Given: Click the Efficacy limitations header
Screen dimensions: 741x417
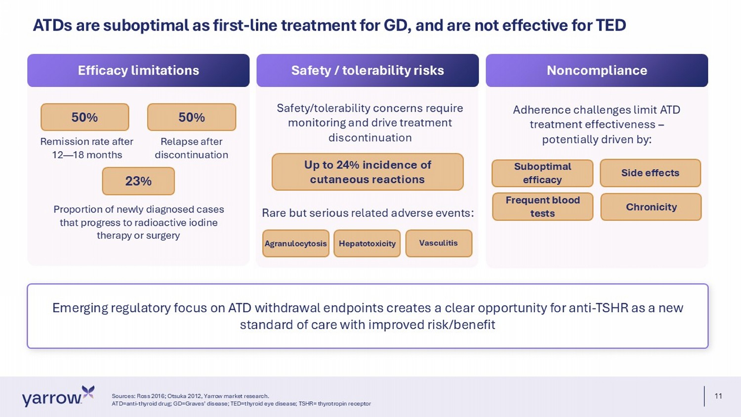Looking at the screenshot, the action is point(138,71).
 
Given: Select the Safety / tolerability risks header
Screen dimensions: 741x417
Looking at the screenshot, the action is point(368,71).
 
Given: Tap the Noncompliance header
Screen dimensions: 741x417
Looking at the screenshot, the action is point(597,71).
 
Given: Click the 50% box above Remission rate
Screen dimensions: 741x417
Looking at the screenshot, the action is point(84,117).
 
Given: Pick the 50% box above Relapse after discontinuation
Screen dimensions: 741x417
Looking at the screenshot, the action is point(192,117).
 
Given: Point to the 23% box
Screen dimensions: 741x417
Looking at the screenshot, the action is point(138,181).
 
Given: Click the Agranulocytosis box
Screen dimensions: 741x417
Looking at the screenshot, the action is point(296,244).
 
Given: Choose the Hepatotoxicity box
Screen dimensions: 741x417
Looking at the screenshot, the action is point(367,244).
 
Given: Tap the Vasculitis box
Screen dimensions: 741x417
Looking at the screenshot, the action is point(439,243).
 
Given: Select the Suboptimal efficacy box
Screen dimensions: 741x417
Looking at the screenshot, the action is point(542,173).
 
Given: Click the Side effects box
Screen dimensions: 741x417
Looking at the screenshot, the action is point(651,173).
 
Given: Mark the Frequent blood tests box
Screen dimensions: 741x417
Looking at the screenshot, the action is point(542,207).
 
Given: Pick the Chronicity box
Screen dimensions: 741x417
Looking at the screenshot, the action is point(651,207).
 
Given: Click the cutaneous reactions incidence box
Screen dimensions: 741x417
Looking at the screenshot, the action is point(368,172).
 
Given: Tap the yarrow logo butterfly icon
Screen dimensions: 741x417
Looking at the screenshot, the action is point(88,392).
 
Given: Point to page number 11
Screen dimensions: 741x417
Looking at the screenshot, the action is point(718,396).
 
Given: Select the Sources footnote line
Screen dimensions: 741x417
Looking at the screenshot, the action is point(190,396).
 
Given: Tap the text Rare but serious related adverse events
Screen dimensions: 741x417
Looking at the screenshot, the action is point(368,213).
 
